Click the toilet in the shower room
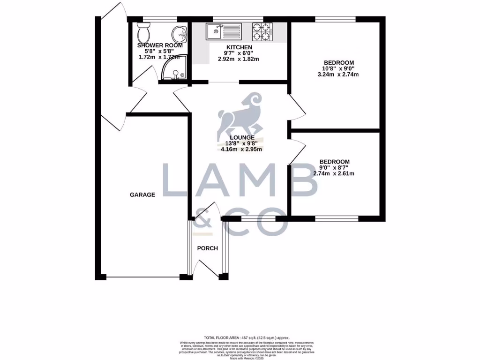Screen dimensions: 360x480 tap(143, 33)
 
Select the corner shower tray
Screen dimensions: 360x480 tap(174, 71)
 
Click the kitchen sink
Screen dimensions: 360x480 tap(223, 31)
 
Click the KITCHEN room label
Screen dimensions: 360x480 tap(239, 47)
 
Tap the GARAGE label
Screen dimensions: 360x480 tap(142, 195)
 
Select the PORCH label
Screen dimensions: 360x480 tap(207, 248)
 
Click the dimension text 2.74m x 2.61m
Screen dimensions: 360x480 tap(334, 173)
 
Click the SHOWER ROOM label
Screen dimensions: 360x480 tap(159, 45)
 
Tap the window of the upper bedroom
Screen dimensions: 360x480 tap(335, 19)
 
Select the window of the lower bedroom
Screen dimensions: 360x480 tap(337, 218)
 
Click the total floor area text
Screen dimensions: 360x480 tap(247, 337)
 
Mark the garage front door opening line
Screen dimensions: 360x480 tap(143, 277)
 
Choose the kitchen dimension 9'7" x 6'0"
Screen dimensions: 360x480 tap(239, 53)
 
